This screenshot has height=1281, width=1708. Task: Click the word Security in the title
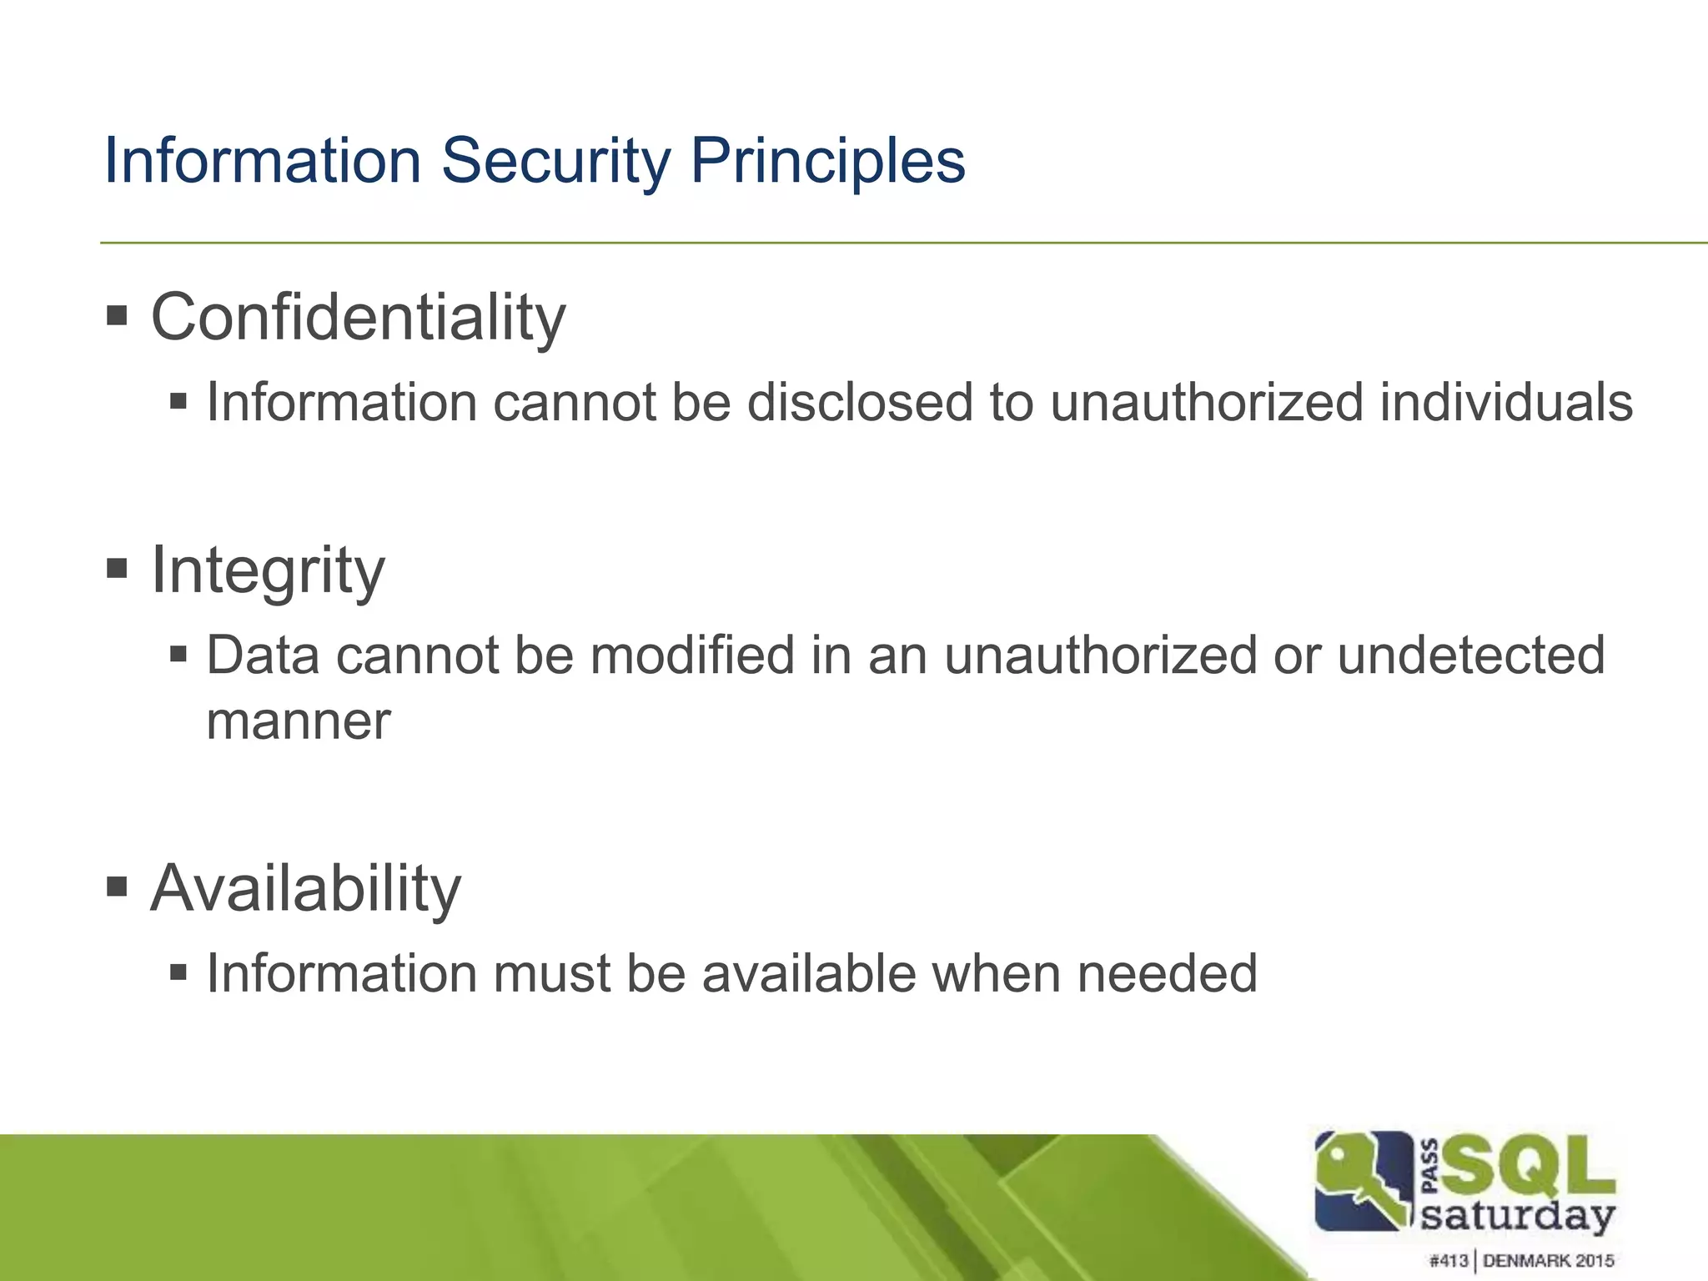click(555, 160)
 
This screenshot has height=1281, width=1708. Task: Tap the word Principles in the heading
click(827, 160)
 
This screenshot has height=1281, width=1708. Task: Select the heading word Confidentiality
click(358, 319)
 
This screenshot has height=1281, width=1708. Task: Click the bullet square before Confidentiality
click(118, 316)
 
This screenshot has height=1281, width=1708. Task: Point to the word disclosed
click(860, 403)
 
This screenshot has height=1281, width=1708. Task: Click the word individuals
click(1505, 403)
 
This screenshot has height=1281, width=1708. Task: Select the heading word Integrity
click(268, 571)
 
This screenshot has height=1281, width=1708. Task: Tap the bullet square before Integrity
click(118, 569)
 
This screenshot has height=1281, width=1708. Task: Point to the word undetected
click(1471, 656)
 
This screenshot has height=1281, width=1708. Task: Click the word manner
click(298, 721)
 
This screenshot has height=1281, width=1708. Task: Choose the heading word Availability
click(305, 889)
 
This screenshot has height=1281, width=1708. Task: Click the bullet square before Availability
click(118, 887)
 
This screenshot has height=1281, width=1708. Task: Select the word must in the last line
click(551, 973)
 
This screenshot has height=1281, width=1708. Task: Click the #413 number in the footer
click(1448, 1261)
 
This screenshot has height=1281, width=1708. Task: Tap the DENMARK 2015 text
click(1548, 1261)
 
